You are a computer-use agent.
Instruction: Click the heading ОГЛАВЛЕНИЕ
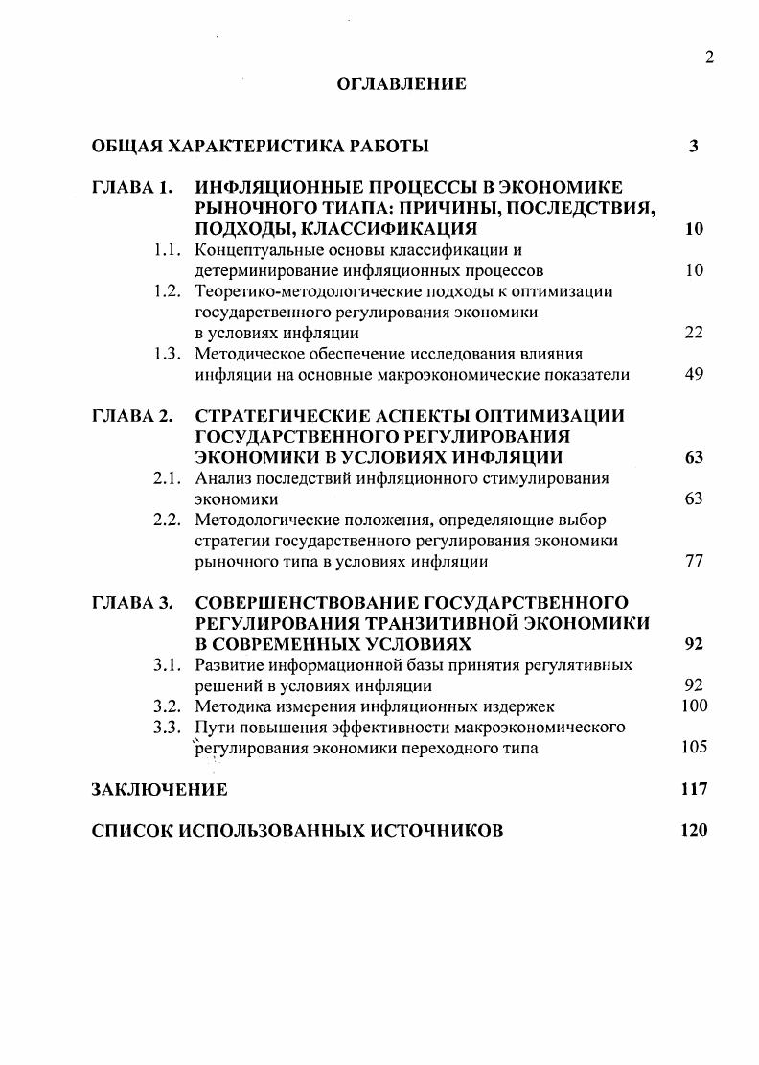(402, 84)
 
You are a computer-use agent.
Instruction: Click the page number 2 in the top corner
(709, 58)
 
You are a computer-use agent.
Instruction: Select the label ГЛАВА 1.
(131, 187)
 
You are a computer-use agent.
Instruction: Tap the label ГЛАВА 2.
(131, 415)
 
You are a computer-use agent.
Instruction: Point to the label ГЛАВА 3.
(131, 602)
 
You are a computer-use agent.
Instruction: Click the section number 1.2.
(168, 291)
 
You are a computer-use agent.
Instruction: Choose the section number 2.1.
(168, 477)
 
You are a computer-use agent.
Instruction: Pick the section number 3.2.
(168, 706)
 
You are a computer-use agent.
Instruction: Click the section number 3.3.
(168, 728)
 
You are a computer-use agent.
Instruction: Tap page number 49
(695, 374)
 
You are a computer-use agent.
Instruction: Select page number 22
(695, 333)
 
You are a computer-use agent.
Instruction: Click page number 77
(695, 561)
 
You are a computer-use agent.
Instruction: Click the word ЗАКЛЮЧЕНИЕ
(159, 790)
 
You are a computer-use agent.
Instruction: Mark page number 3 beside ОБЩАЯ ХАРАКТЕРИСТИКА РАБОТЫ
(693, 147)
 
